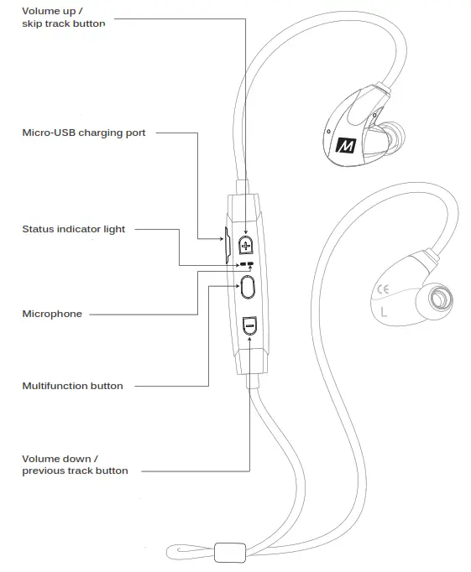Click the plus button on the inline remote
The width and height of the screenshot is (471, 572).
click(x=246, y=244)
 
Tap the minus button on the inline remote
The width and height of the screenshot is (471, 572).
click(x=249, y=325)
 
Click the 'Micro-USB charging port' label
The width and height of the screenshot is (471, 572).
click(x=83, y=133)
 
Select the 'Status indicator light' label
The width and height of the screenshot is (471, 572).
click(x=73, y=229)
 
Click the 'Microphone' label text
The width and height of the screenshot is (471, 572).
click(x=52, y=314)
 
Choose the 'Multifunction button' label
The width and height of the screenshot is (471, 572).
click(x=72, y=386)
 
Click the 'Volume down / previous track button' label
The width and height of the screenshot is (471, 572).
click(x=75, y=465)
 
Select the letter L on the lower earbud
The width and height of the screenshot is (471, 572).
click(x=384, y=314)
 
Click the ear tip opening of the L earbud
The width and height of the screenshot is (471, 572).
click(x=437, y=299)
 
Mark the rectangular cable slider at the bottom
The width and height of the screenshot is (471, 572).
click(x=228, y=553)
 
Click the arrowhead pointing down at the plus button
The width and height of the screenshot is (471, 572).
click(x=246, y=232)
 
